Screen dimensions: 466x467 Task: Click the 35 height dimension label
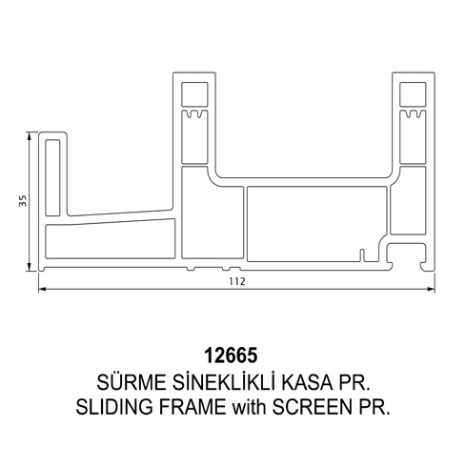pos(23,200)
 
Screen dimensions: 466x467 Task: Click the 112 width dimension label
pos(237,281)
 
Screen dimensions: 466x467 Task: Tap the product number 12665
pos(231,355)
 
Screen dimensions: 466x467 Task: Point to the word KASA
pos(307,382)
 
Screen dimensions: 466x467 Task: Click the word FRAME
pos(192,407)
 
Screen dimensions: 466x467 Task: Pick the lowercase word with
pos(249,407)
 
